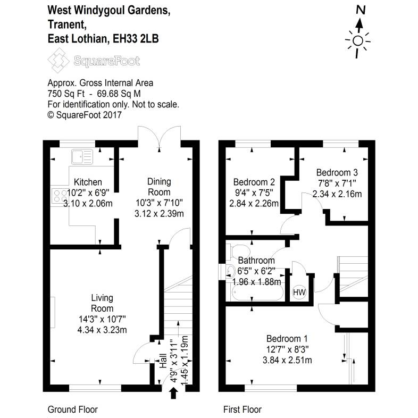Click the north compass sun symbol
pos(357,41)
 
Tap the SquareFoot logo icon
pos(59,61)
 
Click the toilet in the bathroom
pos(238,250)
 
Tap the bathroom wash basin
pos(231,272)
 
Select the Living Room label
pos(102,303)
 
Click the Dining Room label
pos(159,187)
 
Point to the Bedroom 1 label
pos(287,339)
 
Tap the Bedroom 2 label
pos(253,181)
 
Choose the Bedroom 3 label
pos(337,172)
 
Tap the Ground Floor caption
pos(72,409)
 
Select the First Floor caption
pos(241,409)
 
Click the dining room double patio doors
pos(158,136)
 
